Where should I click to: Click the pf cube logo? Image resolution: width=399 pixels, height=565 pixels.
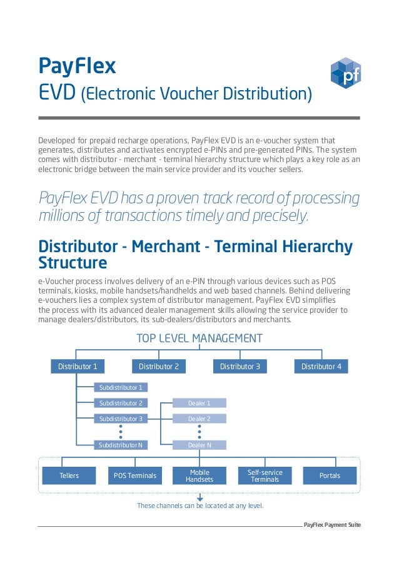click(345, 73)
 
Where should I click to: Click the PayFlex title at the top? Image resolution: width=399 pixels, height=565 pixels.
click(77, 66)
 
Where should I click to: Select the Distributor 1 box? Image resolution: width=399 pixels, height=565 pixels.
click(78, 366)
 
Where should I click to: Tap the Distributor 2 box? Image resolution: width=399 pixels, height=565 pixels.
click(159, 366)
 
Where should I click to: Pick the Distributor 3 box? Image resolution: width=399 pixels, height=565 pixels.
click(240, 366)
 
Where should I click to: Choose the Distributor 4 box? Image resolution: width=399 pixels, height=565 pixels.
click(321, 366)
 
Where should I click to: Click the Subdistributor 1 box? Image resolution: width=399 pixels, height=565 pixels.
click(121, 387)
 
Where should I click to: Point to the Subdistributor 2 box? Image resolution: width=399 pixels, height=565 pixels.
click(121, 403)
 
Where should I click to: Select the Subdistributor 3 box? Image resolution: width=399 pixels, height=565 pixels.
click(121, 419)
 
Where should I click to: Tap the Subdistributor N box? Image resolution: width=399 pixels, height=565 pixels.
click(121, 445)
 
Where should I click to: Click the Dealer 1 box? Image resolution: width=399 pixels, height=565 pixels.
click(199, 403)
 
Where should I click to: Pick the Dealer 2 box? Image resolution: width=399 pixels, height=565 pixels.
click(199, 419)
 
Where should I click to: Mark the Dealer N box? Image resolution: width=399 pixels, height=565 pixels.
click(199, 445)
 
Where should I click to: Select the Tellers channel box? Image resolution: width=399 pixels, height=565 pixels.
click(69, 476)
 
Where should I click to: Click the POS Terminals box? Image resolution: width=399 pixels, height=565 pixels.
click(134, 476)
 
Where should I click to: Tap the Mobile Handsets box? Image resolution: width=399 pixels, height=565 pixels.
click(199, 476)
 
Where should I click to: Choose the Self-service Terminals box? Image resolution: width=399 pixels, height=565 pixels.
click(265, 476)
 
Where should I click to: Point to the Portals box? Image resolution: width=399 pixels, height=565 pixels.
click(330, 476)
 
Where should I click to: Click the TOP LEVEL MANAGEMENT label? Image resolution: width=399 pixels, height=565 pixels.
click(199, 338)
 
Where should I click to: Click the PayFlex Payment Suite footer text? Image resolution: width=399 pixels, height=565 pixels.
click(332, 524)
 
